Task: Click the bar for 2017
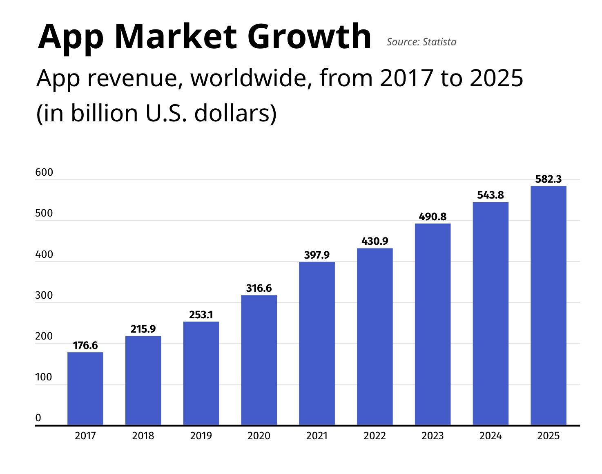[85, 388]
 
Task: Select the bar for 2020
[259, 360]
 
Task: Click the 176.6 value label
[85, 346]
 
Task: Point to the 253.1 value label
[201, 315]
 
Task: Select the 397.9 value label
[317, 255]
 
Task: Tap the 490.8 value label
[433, 217]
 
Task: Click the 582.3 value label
[548, 179]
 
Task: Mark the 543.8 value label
[490, 195]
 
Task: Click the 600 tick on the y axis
[44, 172]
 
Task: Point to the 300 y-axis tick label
[44, 295]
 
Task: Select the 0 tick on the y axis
[38, 418]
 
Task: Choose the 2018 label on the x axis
[143, 436]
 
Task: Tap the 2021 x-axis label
[317, 436]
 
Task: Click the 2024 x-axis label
[490, 436]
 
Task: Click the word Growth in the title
[309, 37]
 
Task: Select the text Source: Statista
[421, 42]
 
